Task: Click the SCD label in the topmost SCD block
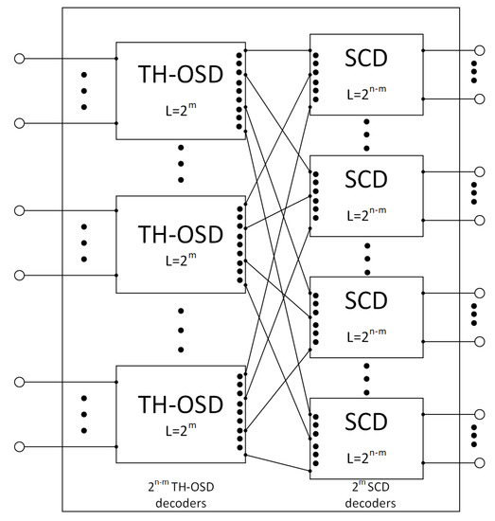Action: point(365,60)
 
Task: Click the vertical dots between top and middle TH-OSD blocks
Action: point(180,168)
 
